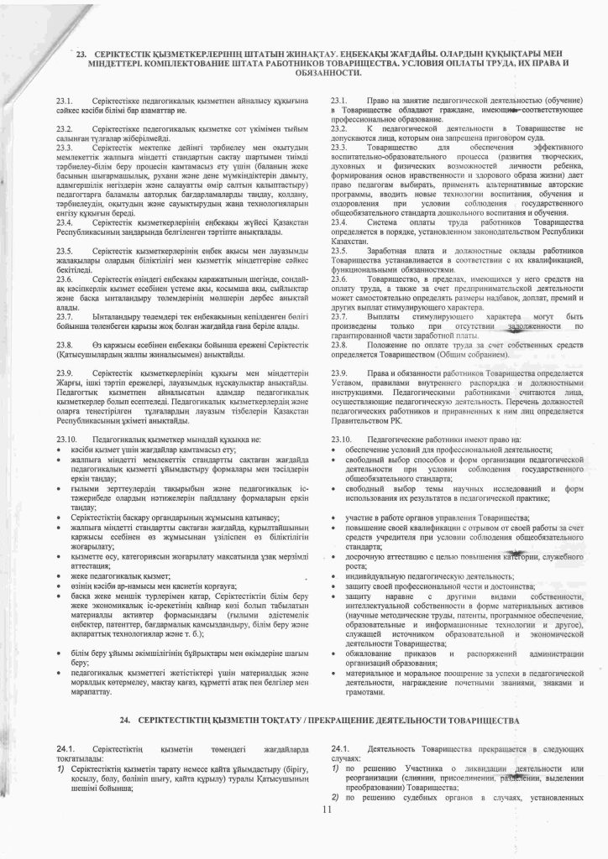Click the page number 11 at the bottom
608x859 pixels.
pyautogui.click(x=328, y=810)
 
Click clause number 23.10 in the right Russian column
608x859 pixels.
pyautogui.click(x=343, y=439)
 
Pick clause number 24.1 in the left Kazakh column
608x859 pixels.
pyautogui.click(x=66, y=748)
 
